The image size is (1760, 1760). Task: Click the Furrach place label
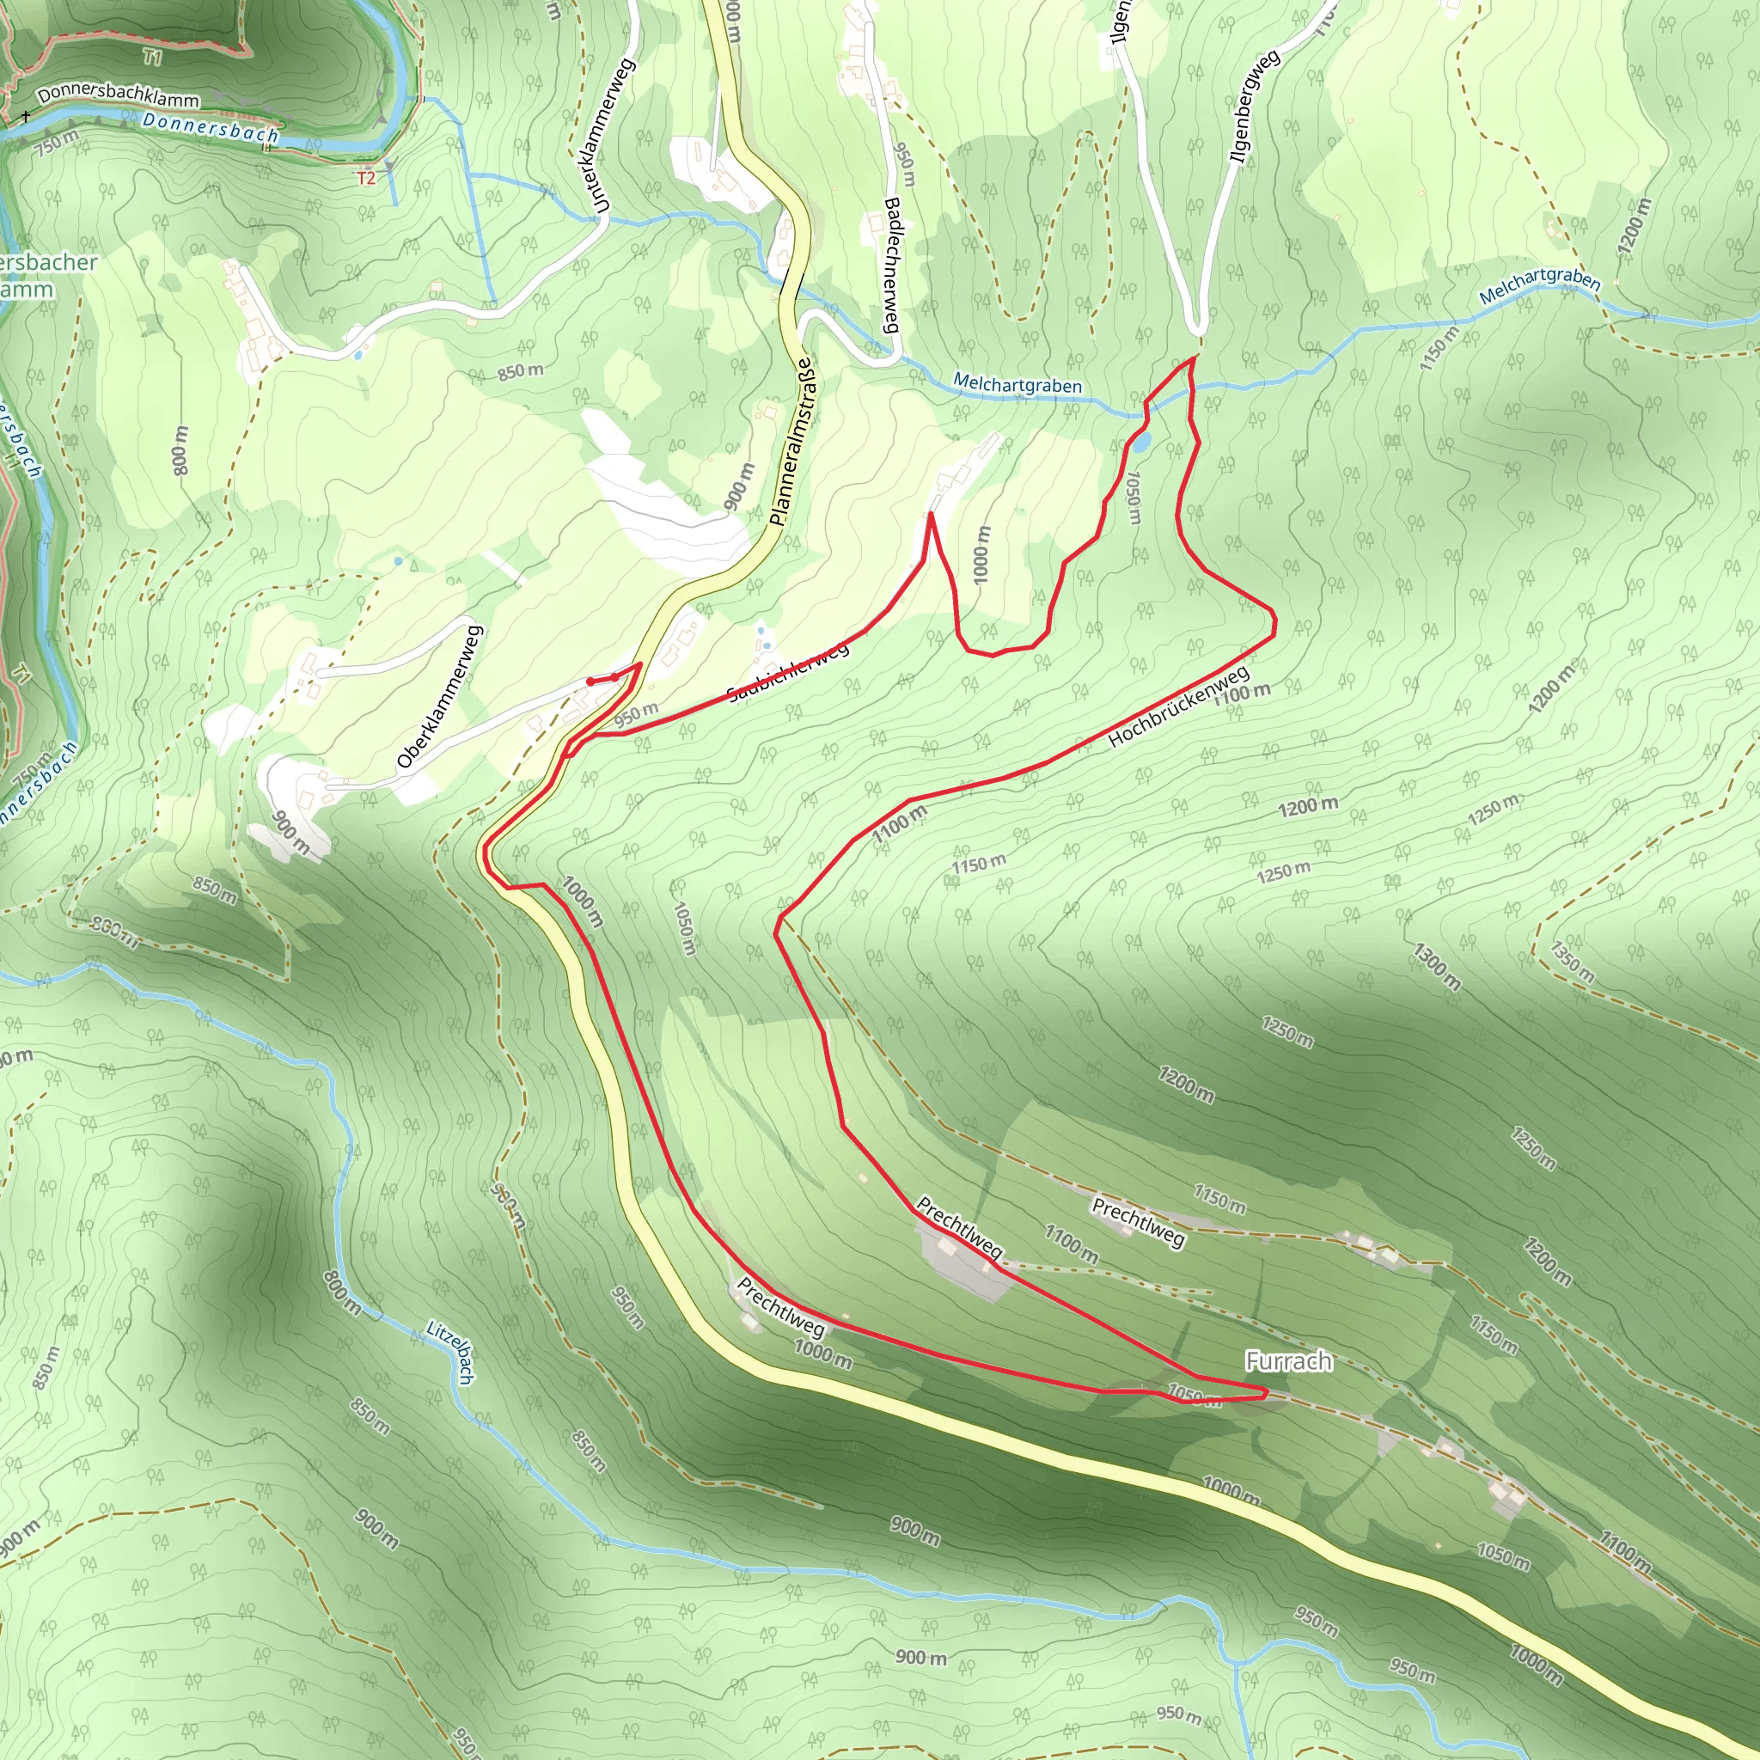click(1288, 1361)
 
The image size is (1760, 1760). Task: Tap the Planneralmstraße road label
click(790, 442)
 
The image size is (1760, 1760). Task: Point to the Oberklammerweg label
click(439, 697)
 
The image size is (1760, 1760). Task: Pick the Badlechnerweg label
click(892, 265)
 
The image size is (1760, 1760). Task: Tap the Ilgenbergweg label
click(1254, 107)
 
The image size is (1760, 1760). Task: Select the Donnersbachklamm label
click(119, 95)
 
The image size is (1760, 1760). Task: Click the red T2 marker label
click(366, 179)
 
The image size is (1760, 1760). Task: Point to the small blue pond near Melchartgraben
click(1140, 443)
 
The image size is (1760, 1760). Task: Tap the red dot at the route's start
click(590, 681)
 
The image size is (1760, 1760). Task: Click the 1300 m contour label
click(1437, 968)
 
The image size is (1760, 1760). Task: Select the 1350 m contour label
click(1573, 962)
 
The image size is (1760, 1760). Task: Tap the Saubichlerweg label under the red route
click(789, 671)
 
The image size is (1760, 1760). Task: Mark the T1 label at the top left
click(152, 58)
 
